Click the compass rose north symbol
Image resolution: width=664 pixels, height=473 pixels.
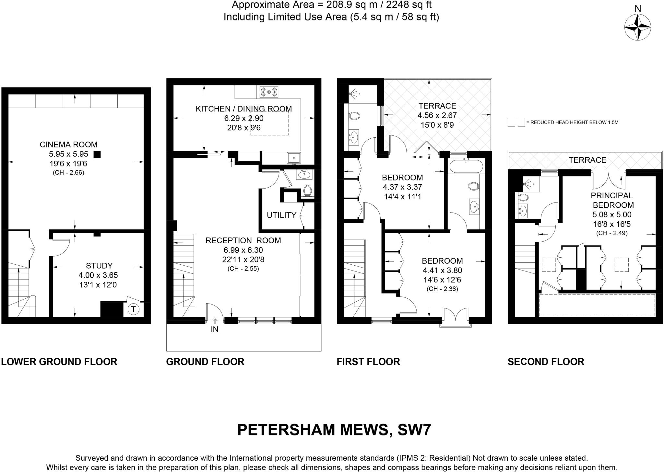click(x=637, y=28)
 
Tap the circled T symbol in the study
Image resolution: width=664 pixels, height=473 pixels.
click(x=133, y=309)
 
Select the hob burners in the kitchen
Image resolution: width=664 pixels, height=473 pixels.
click(x=269, y=92)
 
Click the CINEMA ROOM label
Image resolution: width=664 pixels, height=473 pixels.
click(x=68, y=144)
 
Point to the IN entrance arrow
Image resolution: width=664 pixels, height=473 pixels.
click(x=215, y=321)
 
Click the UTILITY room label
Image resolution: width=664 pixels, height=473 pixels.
click(x=281, y=215)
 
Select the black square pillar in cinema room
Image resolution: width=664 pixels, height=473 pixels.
click(x=97, y=155)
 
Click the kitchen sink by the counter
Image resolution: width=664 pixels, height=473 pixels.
click(x=294, y=158)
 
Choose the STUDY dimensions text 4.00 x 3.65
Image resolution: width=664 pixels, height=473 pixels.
click(x=98, y=275)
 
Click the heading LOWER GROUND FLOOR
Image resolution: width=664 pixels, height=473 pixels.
click(x=59, y=362)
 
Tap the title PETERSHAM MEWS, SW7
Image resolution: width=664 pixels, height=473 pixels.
click(x=334, y=430)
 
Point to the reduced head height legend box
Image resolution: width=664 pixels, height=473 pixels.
click(x=516, y=122)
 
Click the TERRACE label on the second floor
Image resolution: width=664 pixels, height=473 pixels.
click(x=587, y=160)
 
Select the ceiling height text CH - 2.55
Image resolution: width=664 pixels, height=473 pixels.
click(x=243, y=269)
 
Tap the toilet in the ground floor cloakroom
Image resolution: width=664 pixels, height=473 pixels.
click(x=307, y=190)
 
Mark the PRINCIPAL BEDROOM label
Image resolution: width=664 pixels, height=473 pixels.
click(x=612, y=200)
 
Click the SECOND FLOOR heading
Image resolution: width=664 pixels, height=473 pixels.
click(x=546, y=362)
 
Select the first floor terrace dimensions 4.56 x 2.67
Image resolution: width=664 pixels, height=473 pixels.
click(x=437, y=115)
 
